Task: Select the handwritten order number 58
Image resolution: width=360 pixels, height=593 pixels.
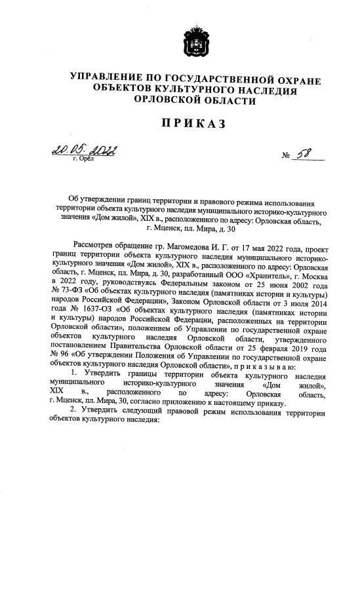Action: coord(304,155)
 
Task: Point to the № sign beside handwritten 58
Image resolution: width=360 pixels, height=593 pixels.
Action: coord(285,158)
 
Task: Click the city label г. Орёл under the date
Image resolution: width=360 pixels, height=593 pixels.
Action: coord(84,159)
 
